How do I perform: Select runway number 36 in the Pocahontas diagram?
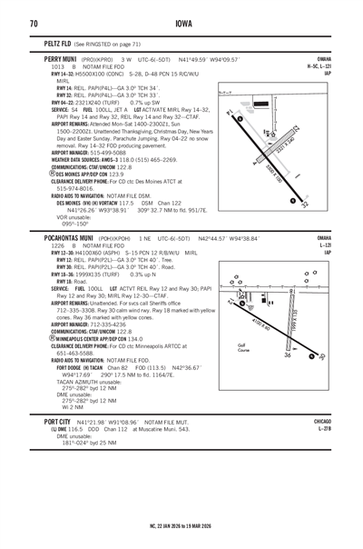tap(313, 354)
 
